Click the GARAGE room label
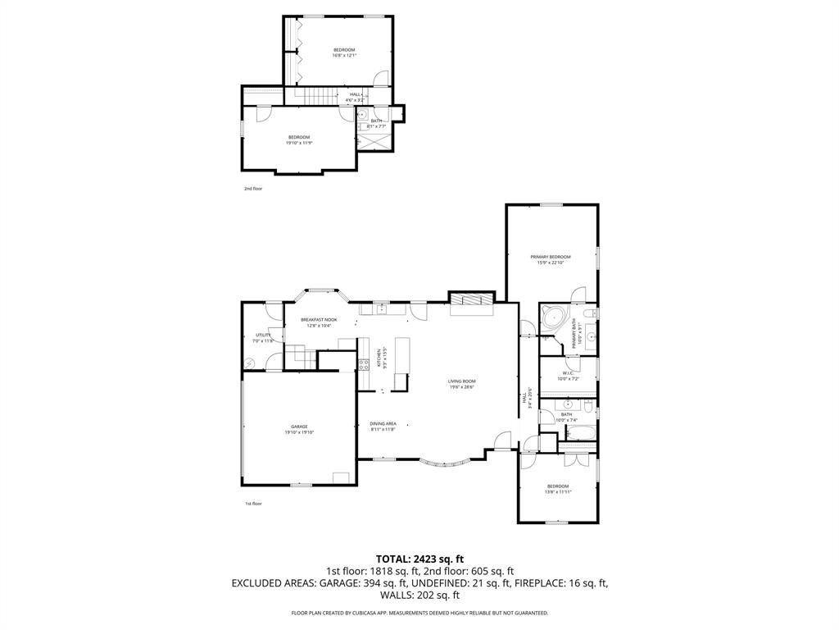[x=299, y=427]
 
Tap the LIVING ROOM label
[x=462, y=381]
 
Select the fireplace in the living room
[x=473, y=300]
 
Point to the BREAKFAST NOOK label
[x=319, y=320]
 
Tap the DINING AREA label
[x=383, y=423]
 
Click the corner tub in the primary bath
[x=551, y=317]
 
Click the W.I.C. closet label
[x=568, y=373]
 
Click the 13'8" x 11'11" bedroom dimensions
[x=557, y=492]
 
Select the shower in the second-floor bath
[x=376, y=142]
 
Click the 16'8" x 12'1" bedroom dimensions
[x=343, y=56]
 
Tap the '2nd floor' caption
[x=252, y=189]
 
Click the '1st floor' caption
[x=253, y=504]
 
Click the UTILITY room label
[x=263, y=335]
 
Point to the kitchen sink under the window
[x=381, y=309]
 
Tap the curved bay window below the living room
[x=448, y=463]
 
